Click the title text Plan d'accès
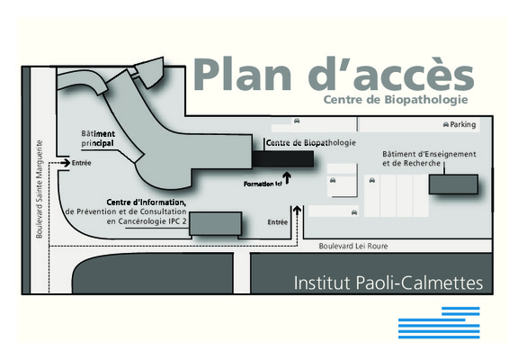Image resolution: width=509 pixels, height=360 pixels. click(334, 74)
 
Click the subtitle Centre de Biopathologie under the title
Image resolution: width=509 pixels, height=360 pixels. click(396, 100)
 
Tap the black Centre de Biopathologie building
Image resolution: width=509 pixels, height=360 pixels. click(283, 159)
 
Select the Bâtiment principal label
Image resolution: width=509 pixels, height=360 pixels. click(98, 139)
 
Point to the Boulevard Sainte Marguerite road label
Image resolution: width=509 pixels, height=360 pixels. click(40, 189)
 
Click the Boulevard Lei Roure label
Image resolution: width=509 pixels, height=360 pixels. click(353, 247)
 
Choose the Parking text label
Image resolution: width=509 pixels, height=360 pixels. click(463, 124)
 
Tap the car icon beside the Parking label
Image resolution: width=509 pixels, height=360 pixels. click(446, 124)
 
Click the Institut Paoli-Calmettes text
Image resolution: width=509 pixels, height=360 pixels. click(388, 283)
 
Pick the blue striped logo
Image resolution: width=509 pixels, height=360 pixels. click(439, 322)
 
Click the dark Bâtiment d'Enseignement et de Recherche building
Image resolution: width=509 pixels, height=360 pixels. click(453, 184)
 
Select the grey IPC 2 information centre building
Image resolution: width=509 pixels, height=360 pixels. click(216, 223)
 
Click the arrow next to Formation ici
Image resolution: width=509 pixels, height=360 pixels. click(287, 178)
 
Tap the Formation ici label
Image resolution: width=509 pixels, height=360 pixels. click(263, 184)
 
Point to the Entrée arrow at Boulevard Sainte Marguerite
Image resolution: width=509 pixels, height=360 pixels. click(66, 163)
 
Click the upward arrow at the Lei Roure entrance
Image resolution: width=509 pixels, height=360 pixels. click(297, 211)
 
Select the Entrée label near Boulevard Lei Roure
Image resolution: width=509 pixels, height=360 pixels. click(278, 222)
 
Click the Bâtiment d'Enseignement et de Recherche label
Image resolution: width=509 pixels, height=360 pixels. click(429, 158)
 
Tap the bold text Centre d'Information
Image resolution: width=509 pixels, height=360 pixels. click(147, 202)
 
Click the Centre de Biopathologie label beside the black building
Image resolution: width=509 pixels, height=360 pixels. click(311, 142)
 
